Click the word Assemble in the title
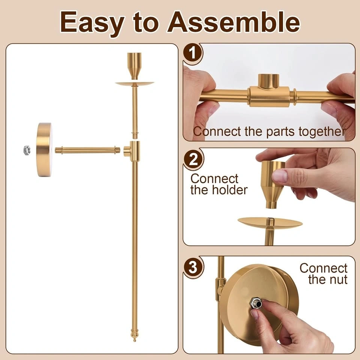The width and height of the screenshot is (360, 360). point(233,22)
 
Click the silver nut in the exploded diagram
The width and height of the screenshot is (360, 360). point(27,150)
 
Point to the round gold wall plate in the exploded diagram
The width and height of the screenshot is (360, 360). point(44,150)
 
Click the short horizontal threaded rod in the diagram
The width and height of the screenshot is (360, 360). point(87,150)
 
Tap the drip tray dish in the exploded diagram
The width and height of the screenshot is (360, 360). point(135,84)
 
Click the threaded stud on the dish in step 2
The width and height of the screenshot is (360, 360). point(270,222)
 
